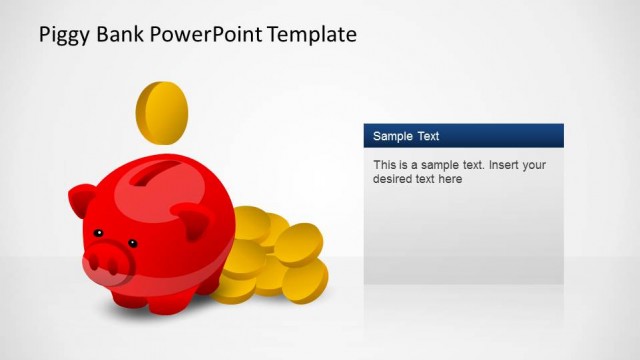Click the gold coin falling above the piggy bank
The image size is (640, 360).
tap(162, 113)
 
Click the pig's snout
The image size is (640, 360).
tap(106, 262)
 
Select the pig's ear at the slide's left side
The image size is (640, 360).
tap(85, 196)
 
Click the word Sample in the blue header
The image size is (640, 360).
tap(393, 136)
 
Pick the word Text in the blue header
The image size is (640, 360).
tap(428, 136)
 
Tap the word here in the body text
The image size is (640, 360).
tap(450, 180)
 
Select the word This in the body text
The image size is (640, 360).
tap(385, 165)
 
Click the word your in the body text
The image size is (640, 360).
tap(535, 165)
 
